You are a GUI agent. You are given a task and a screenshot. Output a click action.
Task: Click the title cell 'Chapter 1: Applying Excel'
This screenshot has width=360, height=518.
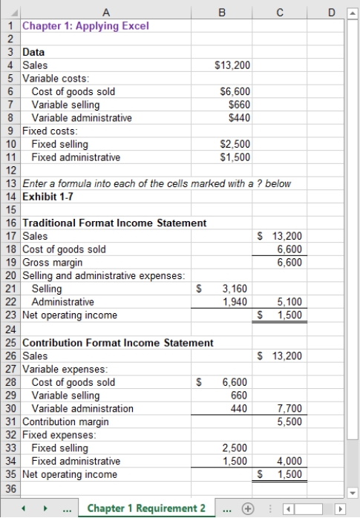click(x=85, y=26)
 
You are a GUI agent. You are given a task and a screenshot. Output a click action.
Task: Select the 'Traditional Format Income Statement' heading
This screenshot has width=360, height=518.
click(x=114, y=223)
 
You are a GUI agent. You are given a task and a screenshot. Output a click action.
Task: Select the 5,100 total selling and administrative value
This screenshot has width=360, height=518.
click(x=289, y=302)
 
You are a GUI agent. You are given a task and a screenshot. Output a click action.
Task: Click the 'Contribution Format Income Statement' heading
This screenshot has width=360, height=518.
click(x=118, y=343)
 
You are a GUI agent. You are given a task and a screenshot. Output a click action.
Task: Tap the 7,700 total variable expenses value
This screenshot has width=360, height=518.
click(x=289, y=409)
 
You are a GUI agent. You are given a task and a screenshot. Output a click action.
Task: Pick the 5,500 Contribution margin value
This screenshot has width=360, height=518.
click(x=289, y=422)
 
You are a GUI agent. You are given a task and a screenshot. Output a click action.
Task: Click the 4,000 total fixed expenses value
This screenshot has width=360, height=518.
click(x=289, y=461)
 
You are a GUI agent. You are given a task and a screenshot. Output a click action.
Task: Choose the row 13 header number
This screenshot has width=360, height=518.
click(x=11, y=183)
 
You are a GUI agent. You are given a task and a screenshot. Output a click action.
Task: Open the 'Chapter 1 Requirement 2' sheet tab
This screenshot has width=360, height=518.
click(x=146, y=508)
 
